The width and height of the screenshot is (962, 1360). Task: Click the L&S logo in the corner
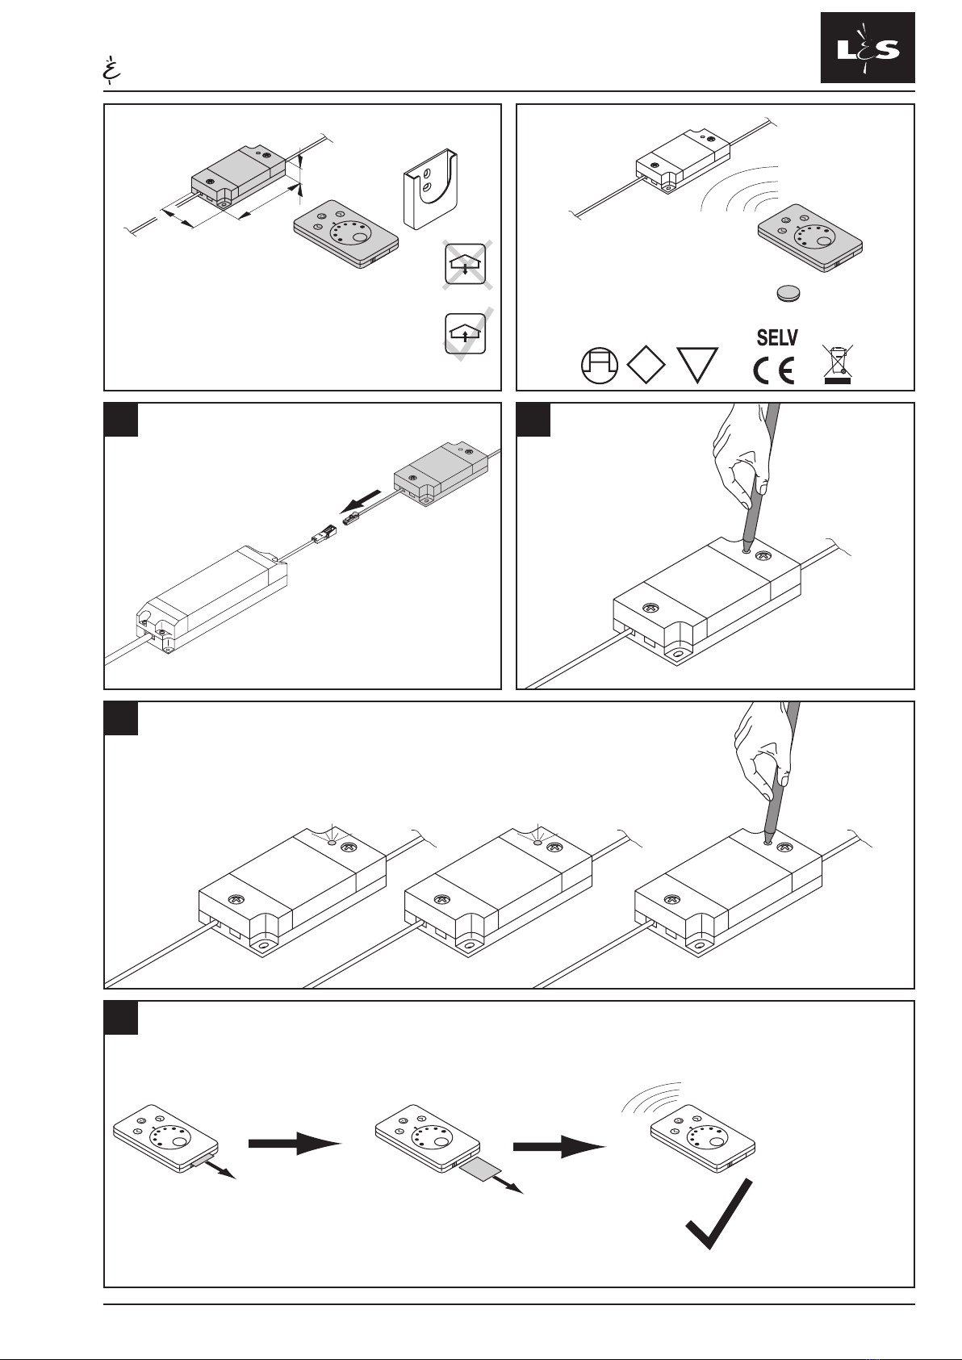pyautogui.click(x=868, y=48)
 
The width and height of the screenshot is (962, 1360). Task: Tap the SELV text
pyautogui.click(x=777, y=337)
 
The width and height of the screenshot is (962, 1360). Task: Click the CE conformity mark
pyautogui.click(x=773, y=370)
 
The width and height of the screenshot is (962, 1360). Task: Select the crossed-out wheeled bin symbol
pyautogui.click(x=837, y=364)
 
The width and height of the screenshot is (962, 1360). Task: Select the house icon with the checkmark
pyautogui.click(x=466, y=333)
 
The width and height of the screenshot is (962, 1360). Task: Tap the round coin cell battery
pyautogui.click(x=788, y=293)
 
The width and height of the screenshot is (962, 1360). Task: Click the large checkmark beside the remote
pyautogui.click(x=719, y=1215)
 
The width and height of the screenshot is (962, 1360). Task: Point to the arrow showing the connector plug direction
pyautogui.click(x=362, y=502)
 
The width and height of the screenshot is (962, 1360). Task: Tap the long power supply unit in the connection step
pyautogui.click(x=211, y=597)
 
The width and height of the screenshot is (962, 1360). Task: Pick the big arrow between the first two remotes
pyautogui.click(x=295, y=1143)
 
